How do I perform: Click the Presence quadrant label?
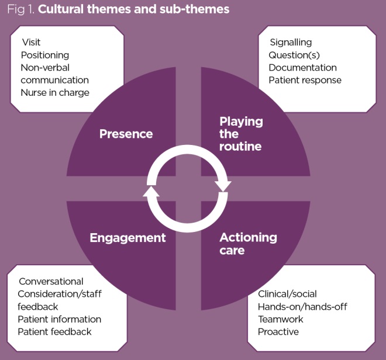pos(126,134)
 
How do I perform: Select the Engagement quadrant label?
pos(127,238)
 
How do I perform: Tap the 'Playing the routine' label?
pos(241,134)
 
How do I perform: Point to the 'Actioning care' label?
pos(248,244)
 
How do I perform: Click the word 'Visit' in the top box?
pos(31,42)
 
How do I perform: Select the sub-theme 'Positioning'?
pos(45,55)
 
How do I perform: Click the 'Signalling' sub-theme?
pos(290,42)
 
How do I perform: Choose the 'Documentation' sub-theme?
pos(302,67)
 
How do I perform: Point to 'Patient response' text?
pos(305,80)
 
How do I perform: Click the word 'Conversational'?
pos(51,281)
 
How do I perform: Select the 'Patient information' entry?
pos(59,319)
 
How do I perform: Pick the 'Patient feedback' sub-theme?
pos(54,331)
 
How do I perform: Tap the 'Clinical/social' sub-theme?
pos(287,294)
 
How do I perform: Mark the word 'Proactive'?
pos(278,331)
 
